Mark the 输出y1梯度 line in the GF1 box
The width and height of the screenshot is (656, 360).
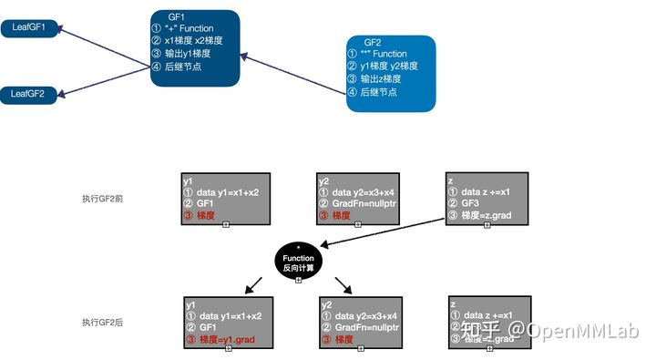[193, 54]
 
